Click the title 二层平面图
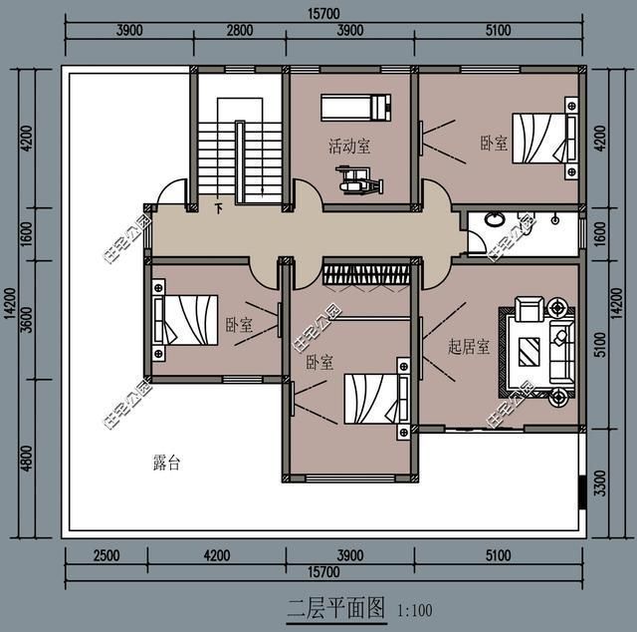click(x=335, y=608)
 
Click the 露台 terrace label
click(x=166, y=463)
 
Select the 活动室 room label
click(x=349, y=147)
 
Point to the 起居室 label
click(x=468, y=347)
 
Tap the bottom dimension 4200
click(x=216, y=555)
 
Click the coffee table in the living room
click(x=530, y=349)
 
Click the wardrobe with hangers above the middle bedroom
click(x=365, y=272)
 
